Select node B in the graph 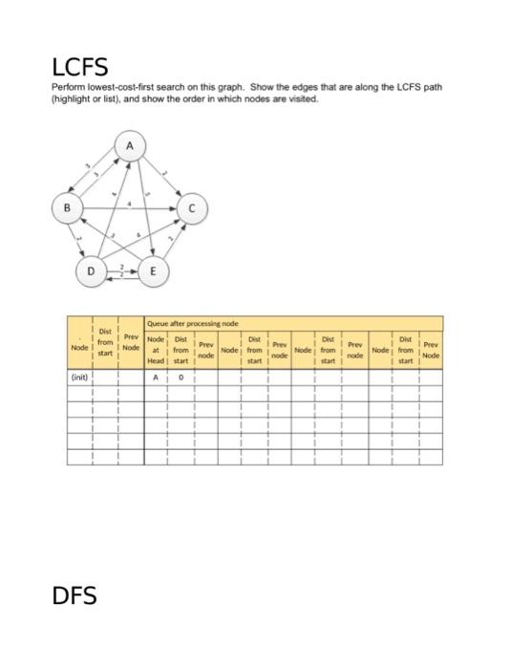click(67, 206)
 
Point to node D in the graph click(91, 271)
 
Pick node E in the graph click(153, 271)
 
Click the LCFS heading click(79, 67)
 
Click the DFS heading click(74, 595)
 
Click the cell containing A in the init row click(155, 378)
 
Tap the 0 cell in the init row click(180, 378)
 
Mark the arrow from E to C click(173, 239)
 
